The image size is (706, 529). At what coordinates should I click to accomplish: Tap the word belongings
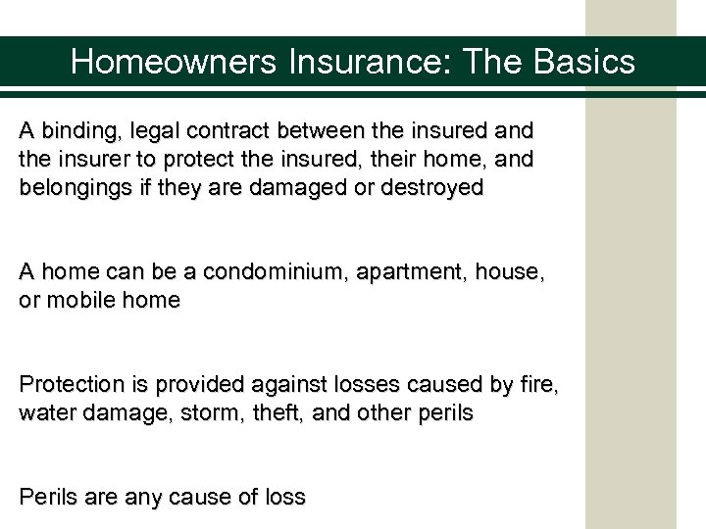point(76,188)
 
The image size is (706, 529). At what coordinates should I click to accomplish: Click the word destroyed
point(432,188)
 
